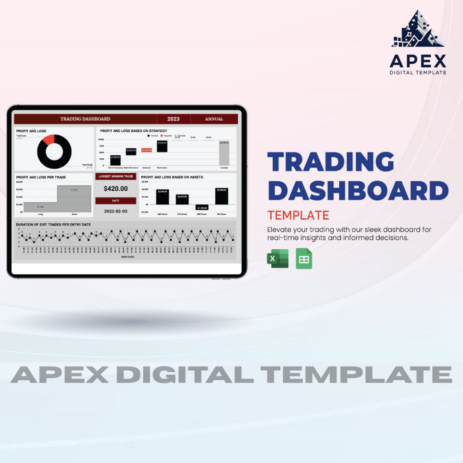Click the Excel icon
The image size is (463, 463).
(277, 259)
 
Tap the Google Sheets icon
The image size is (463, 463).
(304, 259)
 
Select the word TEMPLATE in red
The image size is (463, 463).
(298, 215)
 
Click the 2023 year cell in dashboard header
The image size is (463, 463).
(173, 119)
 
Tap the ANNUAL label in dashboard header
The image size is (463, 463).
(214, 119)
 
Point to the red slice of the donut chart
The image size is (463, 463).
(48, 139)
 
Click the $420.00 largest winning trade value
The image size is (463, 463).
(116, 189)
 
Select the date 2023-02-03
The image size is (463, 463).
(116, 211)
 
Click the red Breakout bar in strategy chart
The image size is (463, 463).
(146, 150)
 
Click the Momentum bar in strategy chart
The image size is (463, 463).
(162, 146)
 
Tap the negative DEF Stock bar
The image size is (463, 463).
(202, 207)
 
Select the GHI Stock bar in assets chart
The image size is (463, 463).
(222, 196)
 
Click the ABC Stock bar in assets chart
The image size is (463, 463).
(162, 197)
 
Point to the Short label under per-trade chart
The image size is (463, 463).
(74, 214)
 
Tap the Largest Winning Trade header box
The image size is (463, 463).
(116, 176)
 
